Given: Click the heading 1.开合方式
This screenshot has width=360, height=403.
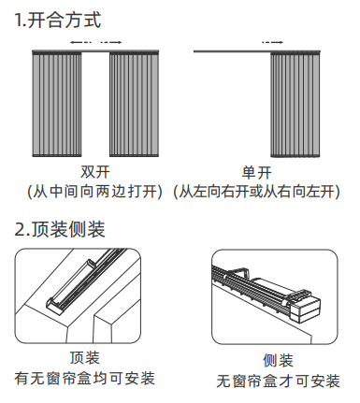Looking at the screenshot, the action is coord(58,20).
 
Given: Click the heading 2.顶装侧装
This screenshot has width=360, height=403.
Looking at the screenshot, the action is coord(60,229).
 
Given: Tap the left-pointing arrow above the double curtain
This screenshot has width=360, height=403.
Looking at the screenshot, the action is coord(80,42).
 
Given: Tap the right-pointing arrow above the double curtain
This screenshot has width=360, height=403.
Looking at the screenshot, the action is coord(111,42).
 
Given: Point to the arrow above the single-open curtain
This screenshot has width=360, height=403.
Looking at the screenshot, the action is coord(272,42).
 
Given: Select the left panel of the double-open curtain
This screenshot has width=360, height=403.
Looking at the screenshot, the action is coord(57,104).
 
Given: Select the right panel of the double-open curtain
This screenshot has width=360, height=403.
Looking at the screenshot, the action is coord(134,104).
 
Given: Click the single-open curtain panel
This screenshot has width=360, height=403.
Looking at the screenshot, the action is coord(295,105).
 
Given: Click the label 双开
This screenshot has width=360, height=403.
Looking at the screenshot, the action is coord(95,172).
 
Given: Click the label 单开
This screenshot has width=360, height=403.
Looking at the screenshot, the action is coord(257,172).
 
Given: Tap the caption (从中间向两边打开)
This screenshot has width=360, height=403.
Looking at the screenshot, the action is coord(95,191).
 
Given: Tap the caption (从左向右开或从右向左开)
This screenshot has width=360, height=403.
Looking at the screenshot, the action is coord(256,192).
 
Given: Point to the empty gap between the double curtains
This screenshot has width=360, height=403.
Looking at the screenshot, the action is coord(95,105).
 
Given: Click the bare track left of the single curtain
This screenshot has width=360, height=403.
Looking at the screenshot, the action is coord(232,51).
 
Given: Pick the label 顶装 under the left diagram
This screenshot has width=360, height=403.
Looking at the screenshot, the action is coord(85,357).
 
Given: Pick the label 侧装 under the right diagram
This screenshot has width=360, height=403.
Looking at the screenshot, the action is coord(278,361).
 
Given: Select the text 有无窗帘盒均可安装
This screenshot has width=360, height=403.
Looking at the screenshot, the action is coord(85,378).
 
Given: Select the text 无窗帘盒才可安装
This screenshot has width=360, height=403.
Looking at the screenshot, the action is coord(278,381).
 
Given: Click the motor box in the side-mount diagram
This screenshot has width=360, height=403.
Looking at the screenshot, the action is coord(306,309).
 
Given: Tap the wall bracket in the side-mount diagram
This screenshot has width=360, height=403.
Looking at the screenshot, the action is coord(238,272).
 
